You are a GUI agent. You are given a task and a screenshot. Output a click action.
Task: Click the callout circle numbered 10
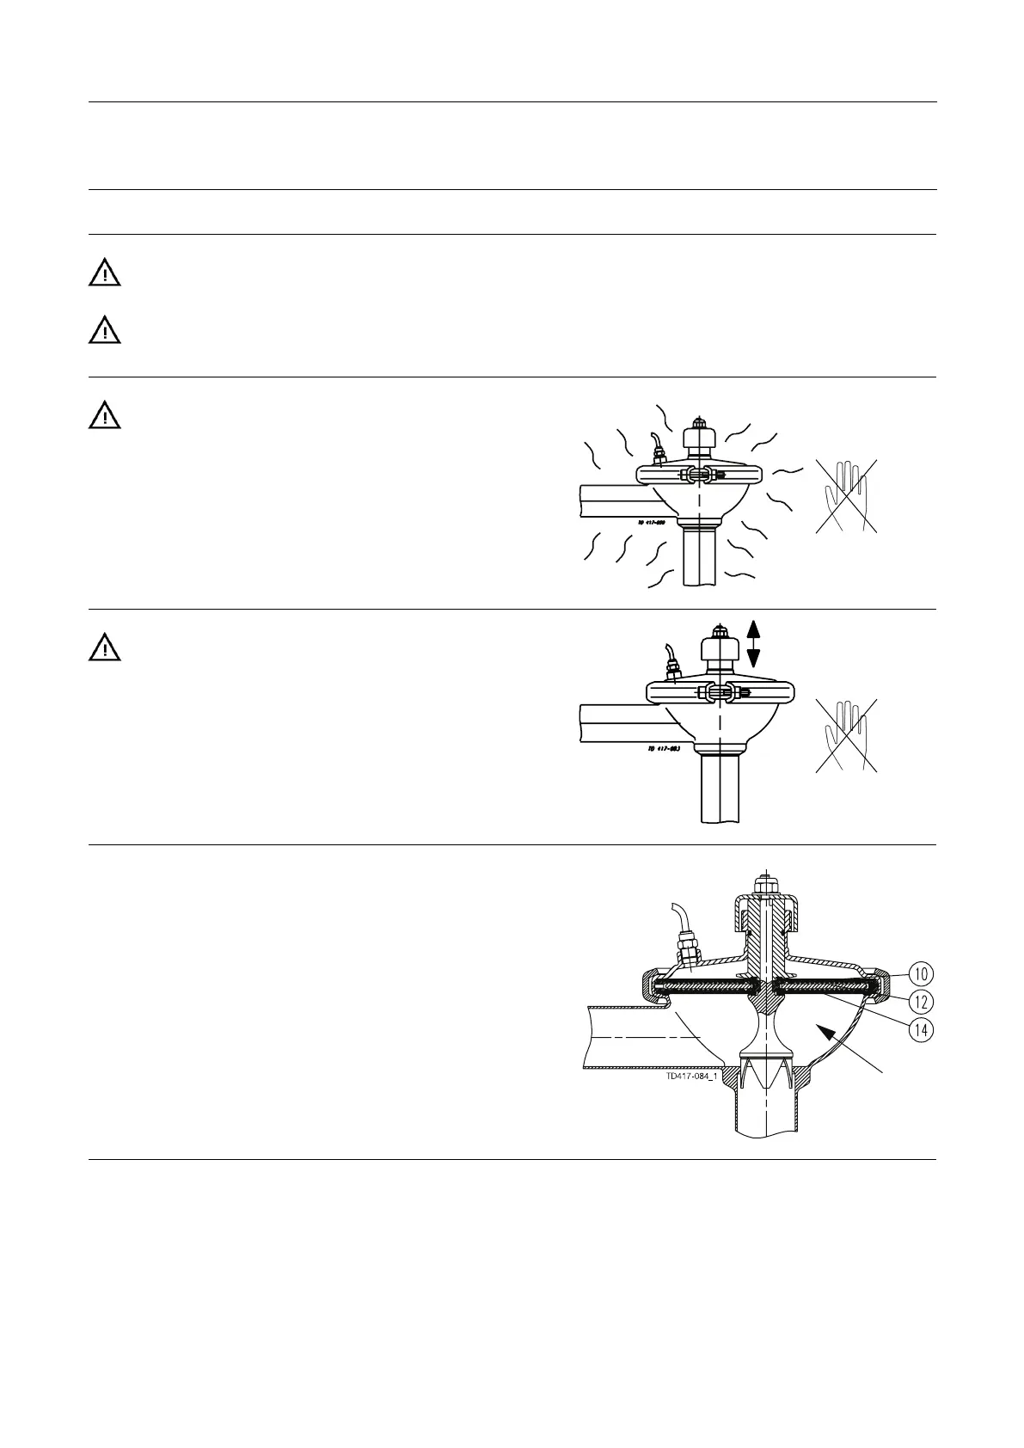[922, 974]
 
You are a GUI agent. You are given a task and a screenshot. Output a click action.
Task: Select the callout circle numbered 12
[922, 1002]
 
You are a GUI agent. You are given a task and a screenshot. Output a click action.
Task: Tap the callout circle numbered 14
[922, 1029]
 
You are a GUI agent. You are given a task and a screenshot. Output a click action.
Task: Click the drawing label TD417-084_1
[691, 1076]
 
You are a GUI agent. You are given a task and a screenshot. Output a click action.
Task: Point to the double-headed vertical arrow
[753, 644]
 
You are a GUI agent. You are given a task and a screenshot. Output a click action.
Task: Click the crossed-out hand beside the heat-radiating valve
[847, 496]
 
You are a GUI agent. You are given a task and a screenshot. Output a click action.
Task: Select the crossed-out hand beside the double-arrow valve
[847, 735]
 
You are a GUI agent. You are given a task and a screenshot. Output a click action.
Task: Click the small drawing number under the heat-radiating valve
[659, 522]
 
